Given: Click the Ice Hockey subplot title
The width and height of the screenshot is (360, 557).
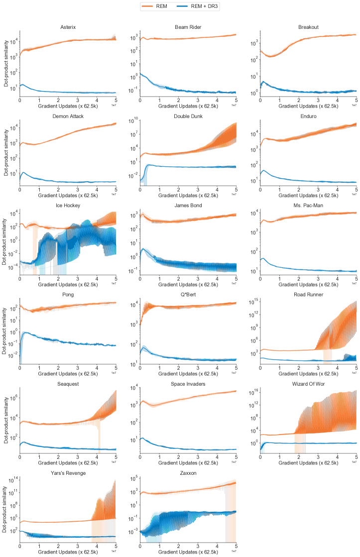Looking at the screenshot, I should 68,205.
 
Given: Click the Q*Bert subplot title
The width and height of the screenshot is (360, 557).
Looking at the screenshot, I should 188,294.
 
